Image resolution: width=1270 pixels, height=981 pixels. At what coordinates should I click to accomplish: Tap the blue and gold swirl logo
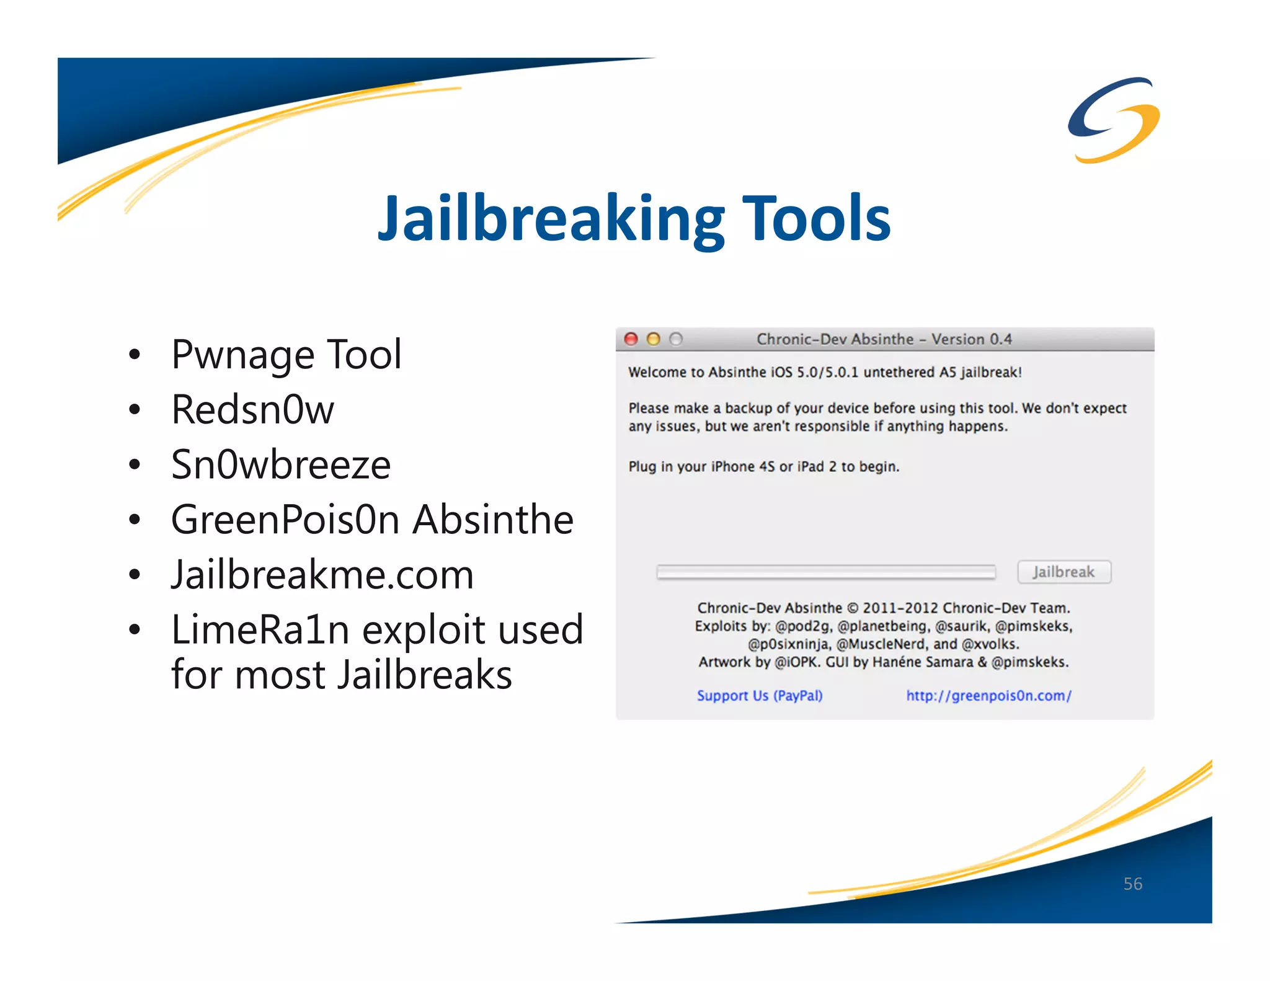click(x=1114, y=120)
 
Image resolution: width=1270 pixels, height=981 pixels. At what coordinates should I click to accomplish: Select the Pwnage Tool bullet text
click(x=286, y=355)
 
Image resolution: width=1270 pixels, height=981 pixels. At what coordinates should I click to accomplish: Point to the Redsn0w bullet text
click(x=252, y=410)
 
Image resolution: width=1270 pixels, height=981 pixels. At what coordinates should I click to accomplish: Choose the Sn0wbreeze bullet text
click(x=281, y=464)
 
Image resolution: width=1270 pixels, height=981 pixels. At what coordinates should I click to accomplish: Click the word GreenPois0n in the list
click(x=285, y=520)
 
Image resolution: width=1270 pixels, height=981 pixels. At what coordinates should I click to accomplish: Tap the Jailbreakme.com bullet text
click(x=322, y=575)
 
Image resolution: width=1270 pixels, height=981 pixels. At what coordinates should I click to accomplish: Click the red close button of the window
click(x=631, y=339)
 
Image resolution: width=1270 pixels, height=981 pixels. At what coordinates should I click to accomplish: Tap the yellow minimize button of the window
click(x=654, y=339)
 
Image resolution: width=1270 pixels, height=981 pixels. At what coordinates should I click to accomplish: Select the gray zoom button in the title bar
click(x=676, y=339)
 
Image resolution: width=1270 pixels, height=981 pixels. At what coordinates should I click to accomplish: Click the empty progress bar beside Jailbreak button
click(x=826, y=572)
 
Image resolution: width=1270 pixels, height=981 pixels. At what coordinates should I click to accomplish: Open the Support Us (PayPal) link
click(x=760, y=696)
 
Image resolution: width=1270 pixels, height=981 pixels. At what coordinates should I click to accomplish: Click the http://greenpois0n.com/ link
click(x=988, y=696)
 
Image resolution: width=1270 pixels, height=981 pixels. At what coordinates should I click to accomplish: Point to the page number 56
click(x=1132, y=884)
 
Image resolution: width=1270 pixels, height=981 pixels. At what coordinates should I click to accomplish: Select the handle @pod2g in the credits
click(x=803, y=626)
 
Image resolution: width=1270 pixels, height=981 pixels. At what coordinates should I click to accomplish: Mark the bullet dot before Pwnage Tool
click(x=135, y=355)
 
